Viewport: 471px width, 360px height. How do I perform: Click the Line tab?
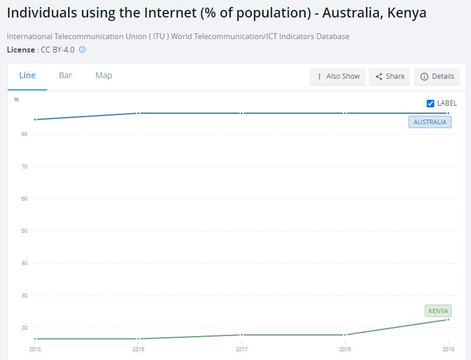pyautogui.click(x=27, y=75)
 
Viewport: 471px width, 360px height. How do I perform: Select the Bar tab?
pyautogui.click(x=65, y=75)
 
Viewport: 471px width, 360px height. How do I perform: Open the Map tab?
pyautogui.click(x=104, y=75)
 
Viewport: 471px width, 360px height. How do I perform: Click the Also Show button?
pyautogui.click(x=338, y=76)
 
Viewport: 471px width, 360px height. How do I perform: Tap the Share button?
pyautogui.click(x=390, y=76)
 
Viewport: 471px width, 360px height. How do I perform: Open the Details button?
pyautogui.click(x=437, y=76)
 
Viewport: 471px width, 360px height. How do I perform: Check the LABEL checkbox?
pyautogui.click(x=431, y=103)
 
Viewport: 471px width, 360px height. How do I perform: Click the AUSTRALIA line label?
pyautogui.click(x=430, y=122)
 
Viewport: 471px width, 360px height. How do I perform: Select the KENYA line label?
pyautogui.click(x=438, y=311)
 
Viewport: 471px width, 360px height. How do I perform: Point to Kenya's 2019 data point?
pyautogui.click(x=448, y=319)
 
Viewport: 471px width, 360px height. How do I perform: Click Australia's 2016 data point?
pyautogui.click(x=138, y=113)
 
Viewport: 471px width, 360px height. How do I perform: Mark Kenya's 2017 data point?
pyautogui.click(x=242, y=335)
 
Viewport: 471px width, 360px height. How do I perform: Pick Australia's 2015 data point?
pyautogui.click(x=35, y=120)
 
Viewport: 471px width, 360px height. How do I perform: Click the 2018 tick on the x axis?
pyautogui.click(x=345, y=349)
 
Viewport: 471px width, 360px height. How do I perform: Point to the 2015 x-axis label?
pyautogui.click(x=35, y=349)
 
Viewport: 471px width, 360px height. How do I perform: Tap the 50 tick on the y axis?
pyautogui.click(x=24, y=231)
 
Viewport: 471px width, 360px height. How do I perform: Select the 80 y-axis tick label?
pyautogui.click(x=24, y=134)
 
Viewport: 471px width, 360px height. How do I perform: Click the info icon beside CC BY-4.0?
pyautogui.click(x=82, y=50)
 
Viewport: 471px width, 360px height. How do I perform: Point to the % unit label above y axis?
pyautogui.click(x=16, y=100)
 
